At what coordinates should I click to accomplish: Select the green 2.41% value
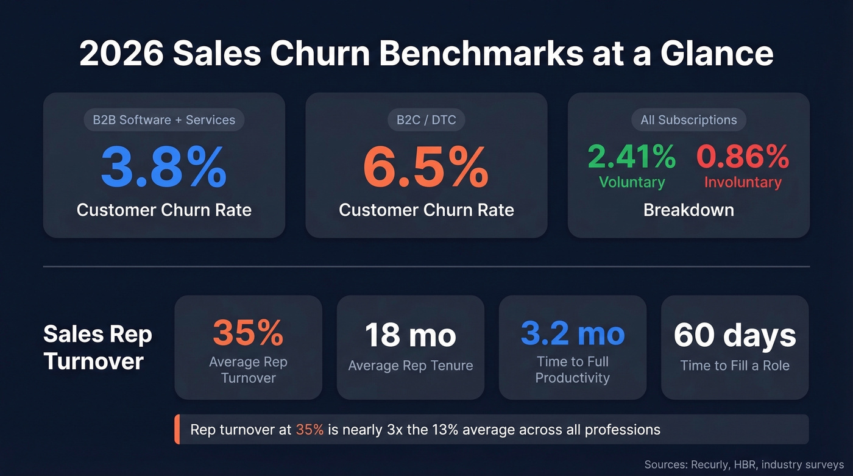pyautogui.click(x=631, y=157)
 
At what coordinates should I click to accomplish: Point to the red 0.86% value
pyautogui.click(x=743, y=157)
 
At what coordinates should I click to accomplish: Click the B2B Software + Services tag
pyautogui.click(x=164, y=119)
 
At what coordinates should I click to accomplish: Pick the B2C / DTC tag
pyautogui.click(x=426, y=119)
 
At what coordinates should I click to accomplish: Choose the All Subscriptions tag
pyautogui.click(x=688, y=120)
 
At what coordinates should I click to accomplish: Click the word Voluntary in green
pyautogui.click(x=631, y=182)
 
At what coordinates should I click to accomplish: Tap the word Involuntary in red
pyautogui.click(x=743, y=182)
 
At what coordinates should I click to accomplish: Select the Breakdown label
pyautogui.click(x=688, y=210)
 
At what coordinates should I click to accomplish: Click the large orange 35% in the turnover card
pyautogui.click(x=248, y=333)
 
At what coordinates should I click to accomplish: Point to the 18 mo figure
pyautogui.click(x=410, y=335)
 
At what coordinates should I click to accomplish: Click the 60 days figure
pyautogui.click(x=735, y=335)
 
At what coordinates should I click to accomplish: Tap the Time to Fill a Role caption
pyautogui.click(x=735, y=366)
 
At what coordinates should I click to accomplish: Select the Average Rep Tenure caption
pyautogui.click(x=410, y=366)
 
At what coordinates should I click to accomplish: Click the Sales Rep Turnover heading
pyautogui.click(x=97, y=347)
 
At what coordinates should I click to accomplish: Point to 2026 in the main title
pyautogui.click(x=121, y=54)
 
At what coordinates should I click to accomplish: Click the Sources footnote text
pyautogui.click(x=744, y=464)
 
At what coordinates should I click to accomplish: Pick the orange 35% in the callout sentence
pyautogui.click(x=310, y=430)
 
